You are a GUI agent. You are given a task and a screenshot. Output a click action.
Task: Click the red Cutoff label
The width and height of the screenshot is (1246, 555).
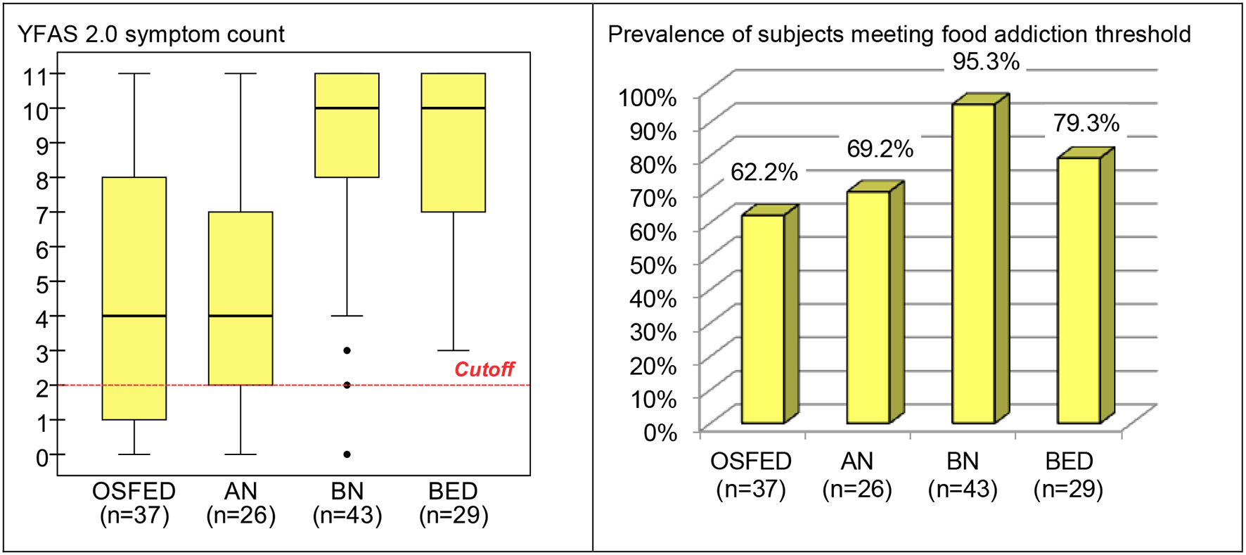484,369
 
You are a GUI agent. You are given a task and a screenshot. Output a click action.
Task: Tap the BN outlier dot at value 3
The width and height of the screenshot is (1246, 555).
347,350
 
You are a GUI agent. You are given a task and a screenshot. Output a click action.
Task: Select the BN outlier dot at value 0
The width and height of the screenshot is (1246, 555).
347,454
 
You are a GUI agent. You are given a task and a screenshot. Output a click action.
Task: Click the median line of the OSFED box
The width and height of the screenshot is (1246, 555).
134,316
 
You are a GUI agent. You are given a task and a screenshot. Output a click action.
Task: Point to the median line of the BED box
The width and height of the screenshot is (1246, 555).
453,108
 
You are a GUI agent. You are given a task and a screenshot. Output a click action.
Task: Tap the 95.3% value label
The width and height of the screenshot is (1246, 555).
986,62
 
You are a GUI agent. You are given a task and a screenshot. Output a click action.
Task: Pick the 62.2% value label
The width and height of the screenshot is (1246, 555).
764,172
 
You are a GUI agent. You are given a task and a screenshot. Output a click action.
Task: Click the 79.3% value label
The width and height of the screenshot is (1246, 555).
1086,124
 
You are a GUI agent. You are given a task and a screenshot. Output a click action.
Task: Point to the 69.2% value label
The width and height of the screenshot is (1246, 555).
880,149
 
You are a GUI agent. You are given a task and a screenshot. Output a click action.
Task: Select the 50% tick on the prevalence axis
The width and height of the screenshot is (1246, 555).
653,266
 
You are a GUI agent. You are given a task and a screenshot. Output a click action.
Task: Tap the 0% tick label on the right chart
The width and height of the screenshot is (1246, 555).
660,433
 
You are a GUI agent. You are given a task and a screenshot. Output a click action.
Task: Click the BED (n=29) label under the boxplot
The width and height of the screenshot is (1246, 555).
453,503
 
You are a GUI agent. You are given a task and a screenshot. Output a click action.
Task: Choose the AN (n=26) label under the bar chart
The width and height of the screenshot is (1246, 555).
856,475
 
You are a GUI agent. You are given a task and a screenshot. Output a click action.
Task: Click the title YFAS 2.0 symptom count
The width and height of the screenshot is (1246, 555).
151,34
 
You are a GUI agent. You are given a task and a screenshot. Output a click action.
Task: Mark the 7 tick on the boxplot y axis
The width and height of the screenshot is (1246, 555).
41,214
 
